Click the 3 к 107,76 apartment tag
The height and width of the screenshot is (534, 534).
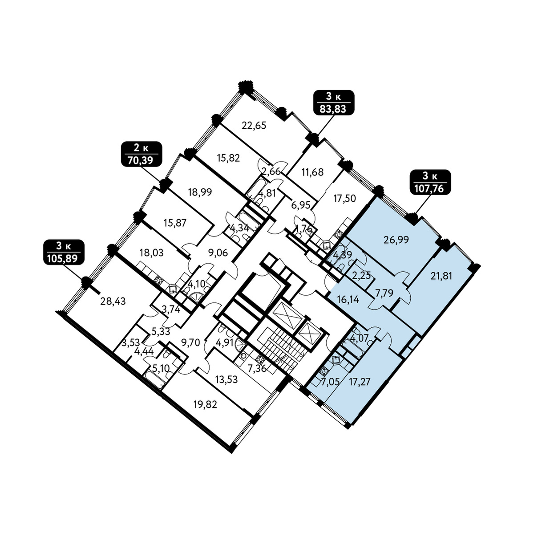tap(430, 182)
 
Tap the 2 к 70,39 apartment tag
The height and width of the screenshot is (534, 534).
tap(142, 154)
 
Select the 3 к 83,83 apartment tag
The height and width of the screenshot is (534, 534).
tap(334, 102)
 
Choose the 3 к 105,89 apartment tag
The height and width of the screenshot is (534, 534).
tap(64, 252)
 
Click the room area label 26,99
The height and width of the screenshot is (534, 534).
tap(396, 240)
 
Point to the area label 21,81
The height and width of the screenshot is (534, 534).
tap(441, 276)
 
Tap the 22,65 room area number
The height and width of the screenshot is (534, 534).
tap(254, 126)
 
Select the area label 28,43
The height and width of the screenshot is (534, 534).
tap(113, 301)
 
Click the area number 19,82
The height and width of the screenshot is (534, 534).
tap(205, 405)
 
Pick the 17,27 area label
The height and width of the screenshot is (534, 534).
tap(360, 382)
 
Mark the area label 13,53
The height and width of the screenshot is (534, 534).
tap(227, 379)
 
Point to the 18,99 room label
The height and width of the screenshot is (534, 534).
tap(200, 192)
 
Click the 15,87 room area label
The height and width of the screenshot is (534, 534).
tap(175, 223)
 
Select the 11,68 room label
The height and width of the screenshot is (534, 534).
tap(312, 172)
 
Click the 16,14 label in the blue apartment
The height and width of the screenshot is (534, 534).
tap(348, 300)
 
